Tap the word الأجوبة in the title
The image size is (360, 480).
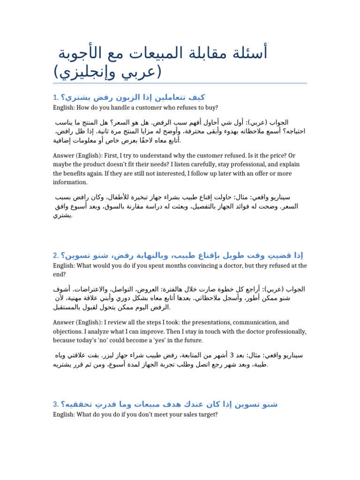(x=83, y=54)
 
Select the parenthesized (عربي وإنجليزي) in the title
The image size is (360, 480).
(x=107, y=72)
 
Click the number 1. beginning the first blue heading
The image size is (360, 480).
(x=56, y=98)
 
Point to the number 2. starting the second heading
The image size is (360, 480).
(x=56, y=255)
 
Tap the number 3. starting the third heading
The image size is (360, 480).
(x=56, y=404)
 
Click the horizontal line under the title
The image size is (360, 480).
(x=180, y=83)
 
